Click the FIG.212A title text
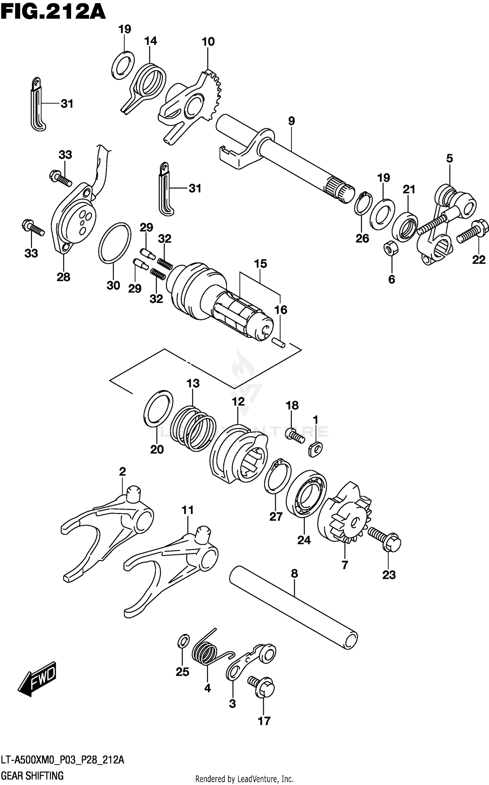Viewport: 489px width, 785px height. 53,12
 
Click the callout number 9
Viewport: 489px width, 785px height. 291,121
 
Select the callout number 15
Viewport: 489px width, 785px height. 260,264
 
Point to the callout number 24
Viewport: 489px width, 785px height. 304,540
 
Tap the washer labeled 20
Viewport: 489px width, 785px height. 158,409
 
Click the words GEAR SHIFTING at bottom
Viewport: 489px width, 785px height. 32,776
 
